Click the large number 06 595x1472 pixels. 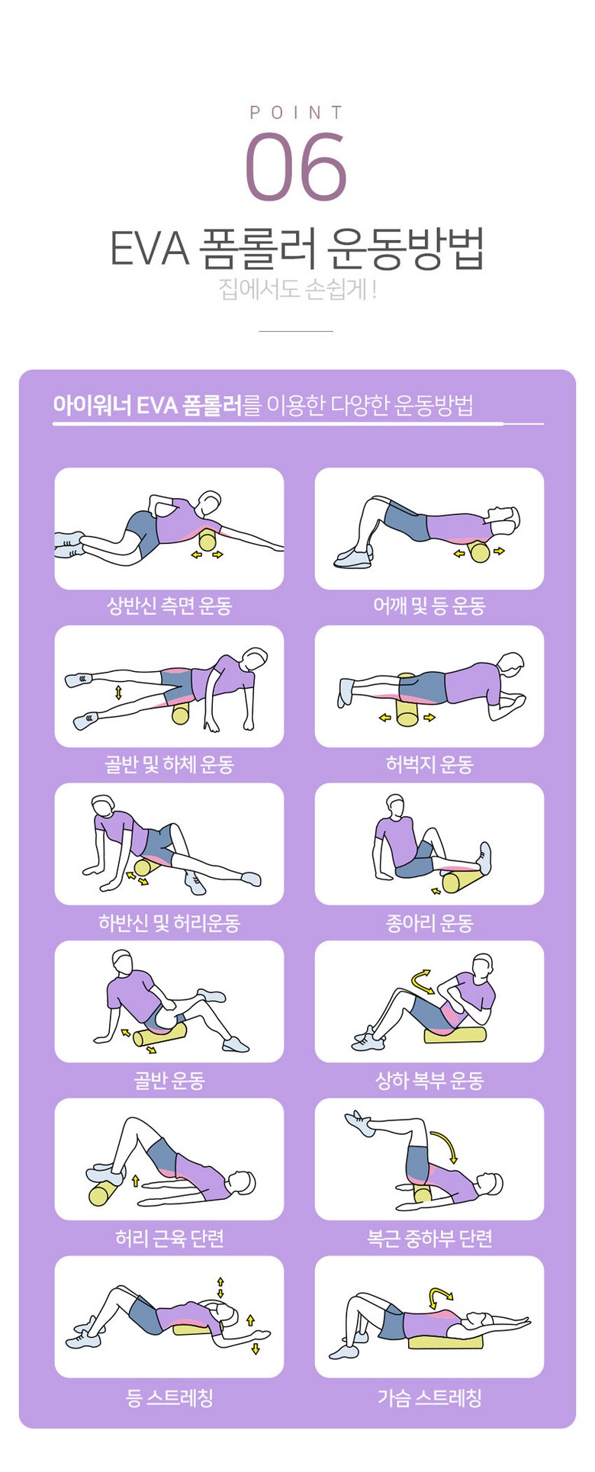click(296, 166)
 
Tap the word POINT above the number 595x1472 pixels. click(297, 113)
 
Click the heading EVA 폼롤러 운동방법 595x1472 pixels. click(297, 248)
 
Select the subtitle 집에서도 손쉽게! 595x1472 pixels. click(297, 290)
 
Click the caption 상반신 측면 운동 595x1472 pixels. click(169, 606)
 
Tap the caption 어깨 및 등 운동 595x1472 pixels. click(429, 606)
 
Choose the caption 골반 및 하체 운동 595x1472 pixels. click(169, 764)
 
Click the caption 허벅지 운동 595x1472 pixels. click(429, 764)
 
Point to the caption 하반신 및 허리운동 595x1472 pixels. click(169, 923)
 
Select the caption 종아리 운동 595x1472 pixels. click(429, 923)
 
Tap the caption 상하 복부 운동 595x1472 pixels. click(429, 1080)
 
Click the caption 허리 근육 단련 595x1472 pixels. click(169, 1238)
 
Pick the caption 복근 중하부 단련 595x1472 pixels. click(429, 1238)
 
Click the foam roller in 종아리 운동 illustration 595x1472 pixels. click(461, 882)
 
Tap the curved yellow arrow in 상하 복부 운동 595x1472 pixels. click(423, 981)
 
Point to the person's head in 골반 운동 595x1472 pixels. click(123, 961)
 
